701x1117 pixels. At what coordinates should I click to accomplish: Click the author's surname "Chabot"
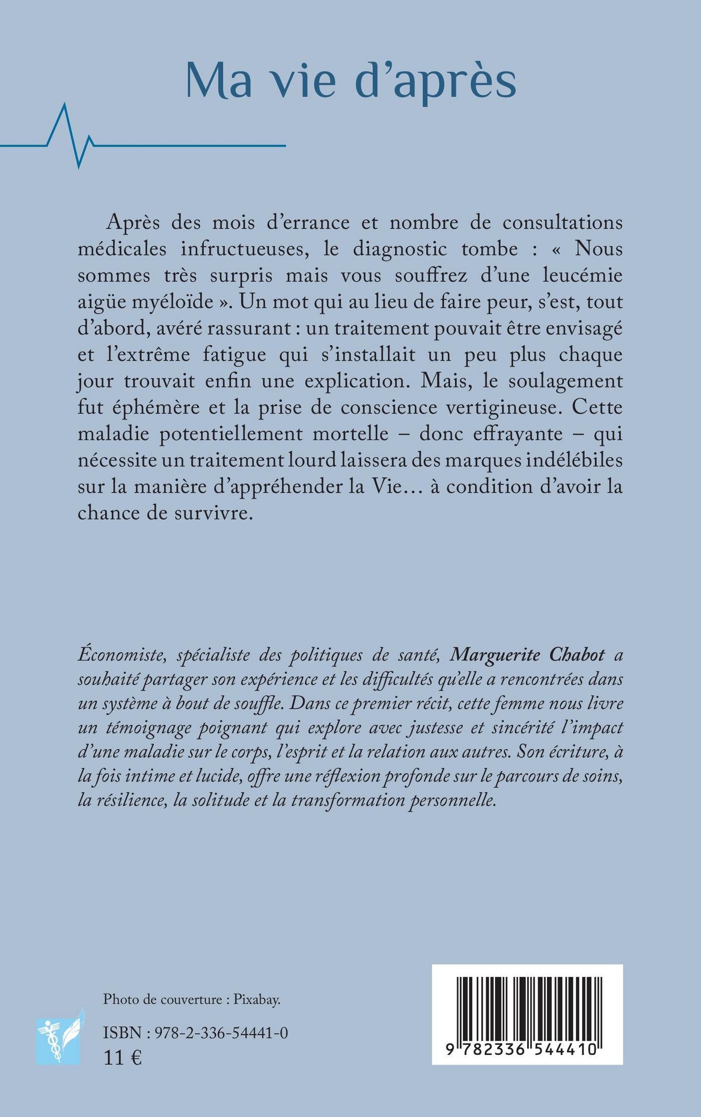571,656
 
